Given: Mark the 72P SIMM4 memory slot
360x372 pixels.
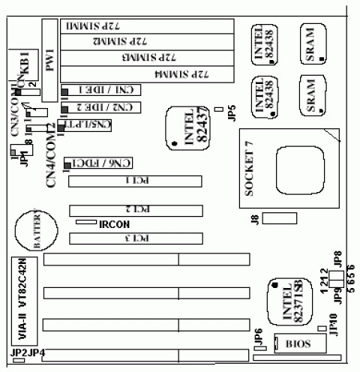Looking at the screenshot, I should point(156,76).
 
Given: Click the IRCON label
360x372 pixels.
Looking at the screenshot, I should point(115,223).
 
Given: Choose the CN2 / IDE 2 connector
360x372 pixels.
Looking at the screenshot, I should point(108,108).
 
